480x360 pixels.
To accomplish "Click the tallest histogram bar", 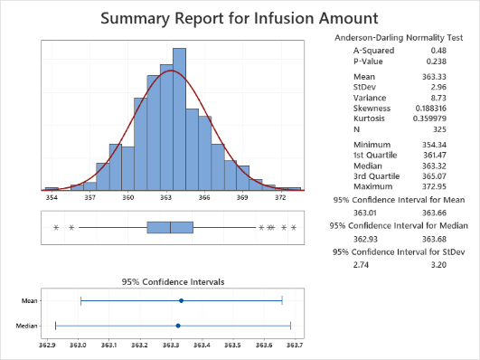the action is pos(179,119).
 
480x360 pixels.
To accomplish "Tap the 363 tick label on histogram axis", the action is pos(166,197).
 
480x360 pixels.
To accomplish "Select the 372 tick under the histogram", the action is pos(280,197).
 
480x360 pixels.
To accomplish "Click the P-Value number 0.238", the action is pos(437,62).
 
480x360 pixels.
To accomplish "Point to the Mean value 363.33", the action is pos(434,77).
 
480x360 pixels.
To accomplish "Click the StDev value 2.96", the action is pos(438,87).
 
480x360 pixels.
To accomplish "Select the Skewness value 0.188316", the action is pos(430,109).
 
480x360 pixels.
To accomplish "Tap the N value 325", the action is pos(439,129).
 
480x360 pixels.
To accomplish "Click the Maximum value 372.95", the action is pos(434,186).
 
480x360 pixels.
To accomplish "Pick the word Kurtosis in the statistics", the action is pos(369,118).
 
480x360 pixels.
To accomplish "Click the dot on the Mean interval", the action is pos(181,301).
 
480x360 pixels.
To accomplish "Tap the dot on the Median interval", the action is pos(178,326).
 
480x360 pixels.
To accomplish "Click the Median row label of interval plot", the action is pos(26,326).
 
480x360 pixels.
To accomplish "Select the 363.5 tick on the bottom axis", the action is pos(232,346).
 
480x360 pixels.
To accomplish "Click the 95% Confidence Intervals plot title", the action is pos(173,282).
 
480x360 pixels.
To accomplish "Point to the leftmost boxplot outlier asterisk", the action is pos(56,227).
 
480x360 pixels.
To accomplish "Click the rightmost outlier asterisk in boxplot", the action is pos(294,227).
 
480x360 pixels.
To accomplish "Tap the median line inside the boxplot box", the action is pos(170,227).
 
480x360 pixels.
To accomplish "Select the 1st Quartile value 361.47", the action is pos(435,155).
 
